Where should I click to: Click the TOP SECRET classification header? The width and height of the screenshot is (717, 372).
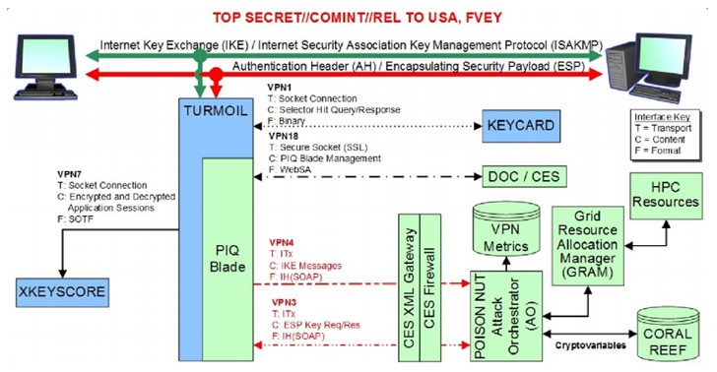tap(358, 13)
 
